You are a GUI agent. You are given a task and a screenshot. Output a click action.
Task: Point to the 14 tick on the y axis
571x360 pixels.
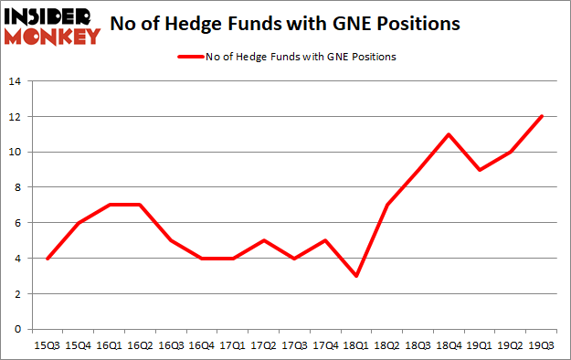click(x=16, y=81)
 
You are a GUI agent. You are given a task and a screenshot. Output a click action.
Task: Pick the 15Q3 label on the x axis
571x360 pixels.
click(x=48, y=346)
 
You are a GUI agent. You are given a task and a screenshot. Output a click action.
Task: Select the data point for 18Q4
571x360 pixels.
click(x=450, y=134)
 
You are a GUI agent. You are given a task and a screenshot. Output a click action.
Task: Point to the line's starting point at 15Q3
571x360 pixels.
click(x=48, y=258)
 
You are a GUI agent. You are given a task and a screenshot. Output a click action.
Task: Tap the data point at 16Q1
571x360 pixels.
click(x=111, y=205)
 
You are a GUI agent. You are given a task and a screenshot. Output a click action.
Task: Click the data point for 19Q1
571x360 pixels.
click(x=481, y=170)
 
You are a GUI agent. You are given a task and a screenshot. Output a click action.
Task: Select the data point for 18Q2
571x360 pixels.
click(x=388, y=205)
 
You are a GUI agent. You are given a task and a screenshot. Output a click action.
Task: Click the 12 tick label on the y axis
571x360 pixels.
click(x=16, y=117)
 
